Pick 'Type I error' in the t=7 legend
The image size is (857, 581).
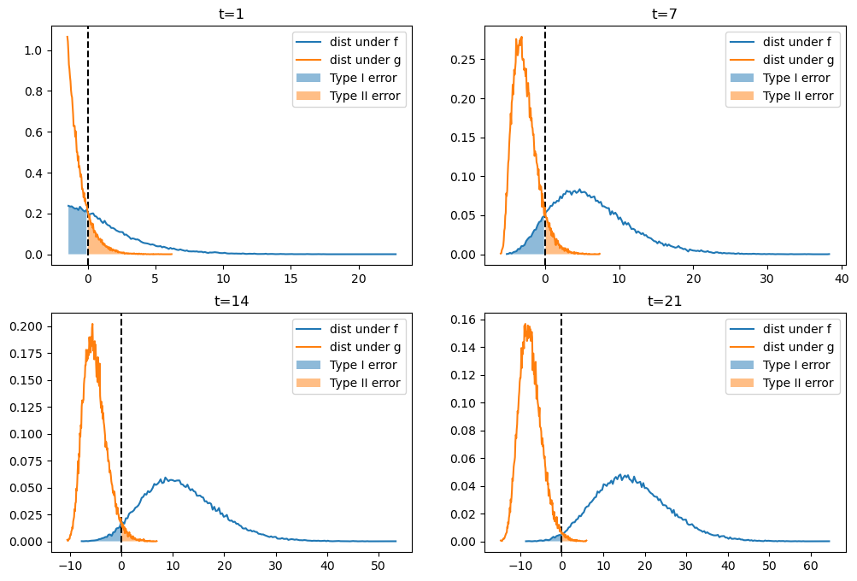[x=797, y=78]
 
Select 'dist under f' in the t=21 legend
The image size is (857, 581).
[x=798, y=329]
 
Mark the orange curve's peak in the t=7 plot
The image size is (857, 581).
[x=520, y=37]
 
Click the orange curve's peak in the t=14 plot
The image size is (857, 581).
[x=92, y=325]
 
